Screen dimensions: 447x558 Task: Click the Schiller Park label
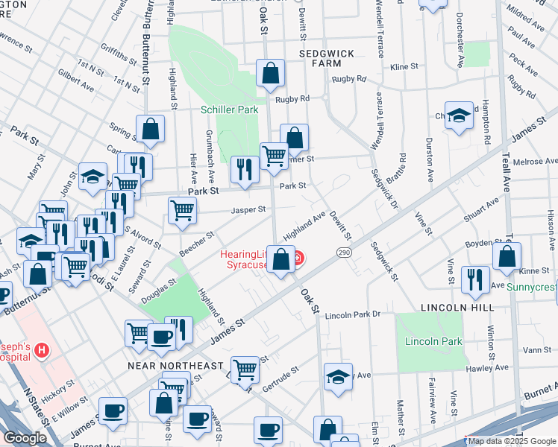(229, 110)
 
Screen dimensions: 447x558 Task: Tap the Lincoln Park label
(433, 342)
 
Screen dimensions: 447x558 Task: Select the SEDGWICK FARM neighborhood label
(325, 60)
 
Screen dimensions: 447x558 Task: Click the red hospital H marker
(42, 349)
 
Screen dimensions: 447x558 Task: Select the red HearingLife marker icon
(298, 259)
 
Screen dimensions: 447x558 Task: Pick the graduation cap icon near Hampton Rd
(460, 116)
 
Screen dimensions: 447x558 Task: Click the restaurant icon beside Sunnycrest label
(475, 279)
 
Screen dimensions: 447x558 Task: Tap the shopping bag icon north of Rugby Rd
(270, 73)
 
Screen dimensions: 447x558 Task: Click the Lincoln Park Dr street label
(352, 314)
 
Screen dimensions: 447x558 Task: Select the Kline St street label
(404, 67)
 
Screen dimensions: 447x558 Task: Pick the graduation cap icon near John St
(93, 177)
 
